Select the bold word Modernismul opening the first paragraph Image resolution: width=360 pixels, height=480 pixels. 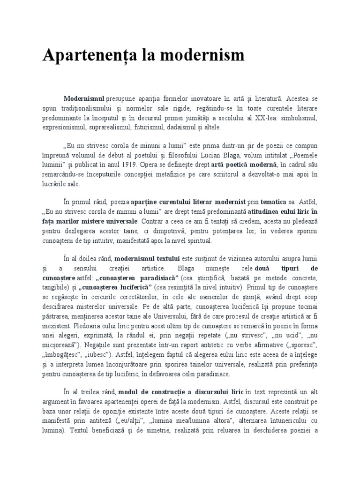pos(84,100)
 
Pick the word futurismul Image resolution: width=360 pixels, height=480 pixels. pos(141,127)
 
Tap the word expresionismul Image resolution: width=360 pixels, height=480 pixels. pos(63,127)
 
